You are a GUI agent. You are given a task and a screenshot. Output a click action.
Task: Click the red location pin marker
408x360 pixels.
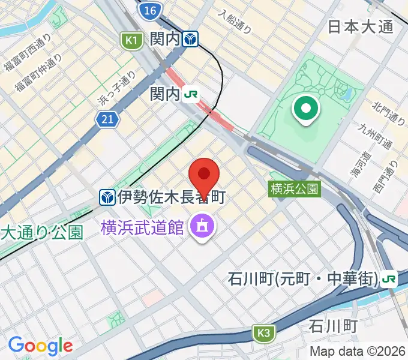click(204, 174)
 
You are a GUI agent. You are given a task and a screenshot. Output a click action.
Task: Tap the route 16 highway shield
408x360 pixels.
click(149, 10)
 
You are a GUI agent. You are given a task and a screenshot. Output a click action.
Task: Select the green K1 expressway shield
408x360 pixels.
click(131, 40)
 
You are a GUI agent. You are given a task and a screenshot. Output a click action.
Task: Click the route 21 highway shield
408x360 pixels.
click(107, 120)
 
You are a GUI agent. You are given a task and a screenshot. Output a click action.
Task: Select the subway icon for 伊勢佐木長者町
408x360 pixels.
click(107, 196)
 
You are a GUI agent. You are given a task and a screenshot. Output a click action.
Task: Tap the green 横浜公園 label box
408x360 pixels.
click(294, 189)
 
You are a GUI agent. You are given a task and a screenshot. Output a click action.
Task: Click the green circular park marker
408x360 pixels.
click(305, 109)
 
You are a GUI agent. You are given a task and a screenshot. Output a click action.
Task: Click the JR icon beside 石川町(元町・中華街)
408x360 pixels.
click(389, 279)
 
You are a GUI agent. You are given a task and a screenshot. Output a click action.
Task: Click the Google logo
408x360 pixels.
click(40, 346)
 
